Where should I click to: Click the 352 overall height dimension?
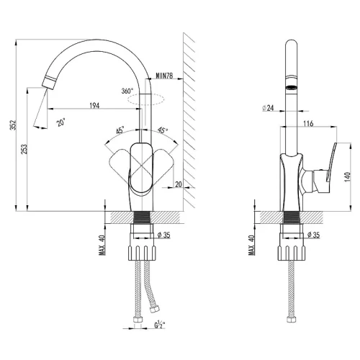[14, 125]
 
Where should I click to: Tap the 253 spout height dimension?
[24, 149]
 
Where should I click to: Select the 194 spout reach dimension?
[94, 105]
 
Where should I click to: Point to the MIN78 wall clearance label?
[164, 76]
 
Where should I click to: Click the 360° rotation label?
[127, 91]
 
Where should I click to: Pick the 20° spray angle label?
[60, 123]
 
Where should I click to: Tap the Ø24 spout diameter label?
[268, 108]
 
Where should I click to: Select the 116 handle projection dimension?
[308, 124]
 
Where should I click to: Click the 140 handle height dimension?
[348, 176]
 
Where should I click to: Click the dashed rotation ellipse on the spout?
[146, 99]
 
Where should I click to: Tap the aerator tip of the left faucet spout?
[49, 82]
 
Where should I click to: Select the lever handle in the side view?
[330, 162]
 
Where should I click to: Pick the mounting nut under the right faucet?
[292, 253]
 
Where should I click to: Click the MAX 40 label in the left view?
[102, 245]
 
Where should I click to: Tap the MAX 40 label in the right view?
[252, 245]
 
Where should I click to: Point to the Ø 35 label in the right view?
[313, 235]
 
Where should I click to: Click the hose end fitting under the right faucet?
[291, 320]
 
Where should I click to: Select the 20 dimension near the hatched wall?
[179, 184]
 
